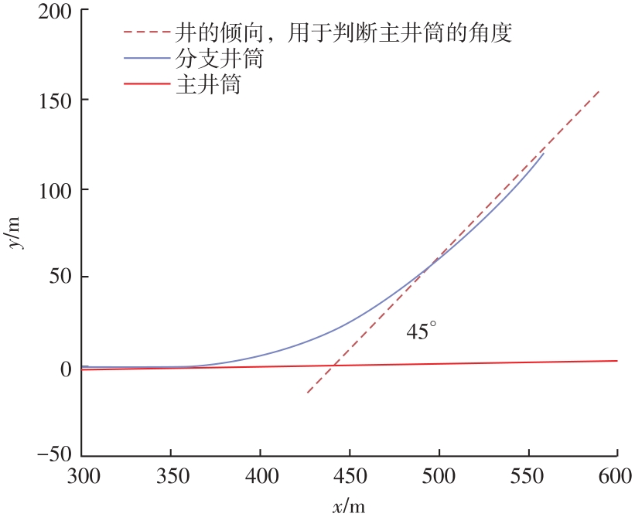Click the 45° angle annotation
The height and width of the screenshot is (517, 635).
click(x=422, y=332)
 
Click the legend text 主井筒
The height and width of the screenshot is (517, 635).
click(x=210, y=84)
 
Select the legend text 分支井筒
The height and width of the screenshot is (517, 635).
click(x=220, y=59)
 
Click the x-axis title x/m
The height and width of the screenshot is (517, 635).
click(x=349, y=506)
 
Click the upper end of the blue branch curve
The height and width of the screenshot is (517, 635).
click(x=544, y=153)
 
